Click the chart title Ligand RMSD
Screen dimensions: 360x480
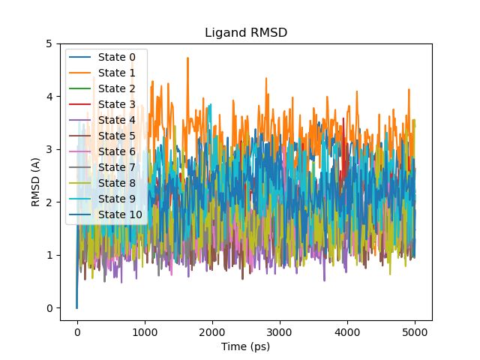pos(245,33)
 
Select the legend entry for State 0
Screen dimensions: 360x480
pos(116,57)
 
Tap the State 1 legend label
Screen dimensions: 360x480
pos(116,73)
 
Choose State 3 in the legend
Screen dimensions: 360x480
pos(116,104)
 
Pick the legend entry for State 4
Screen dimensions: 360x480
pos(116,120)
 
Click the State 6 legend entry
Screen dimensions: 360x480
pos(116,151)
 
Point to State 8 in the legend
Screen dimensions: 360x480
pos(116,183)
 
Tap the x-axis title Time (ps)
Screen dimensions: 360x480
pos(245,346)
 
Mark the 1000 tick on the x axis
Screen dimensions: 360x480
pos(145,331)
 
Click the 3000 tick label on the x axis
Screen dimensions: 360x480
pos(280,331)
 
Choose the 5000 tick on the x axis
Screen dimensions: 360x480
pos(415,331)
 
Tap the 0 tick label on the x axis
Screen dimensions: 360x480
pos(77,331)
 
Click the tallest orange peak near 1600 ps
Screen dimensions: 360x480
pos(187,58)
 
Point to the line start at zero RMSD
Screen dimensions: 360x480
pos(76,307)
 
